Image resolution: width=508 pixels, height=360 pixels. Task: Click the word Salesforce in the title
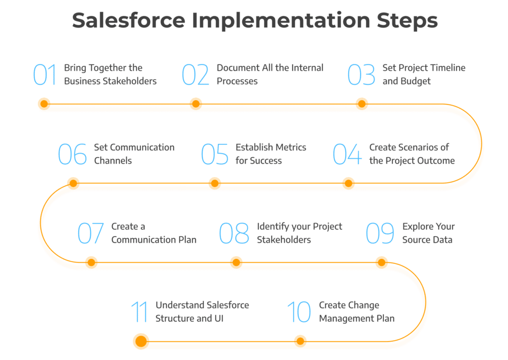(128, 20)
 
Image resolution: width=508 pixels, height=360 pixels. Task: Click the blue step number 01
(45, 74)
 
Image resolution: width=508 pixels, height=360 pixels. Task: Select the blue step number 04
(347, 154)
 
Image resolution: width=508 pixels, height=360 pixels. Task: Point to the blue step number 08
(234, 233)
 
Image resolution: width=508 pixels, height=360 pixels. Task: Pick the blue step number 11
(139, 311)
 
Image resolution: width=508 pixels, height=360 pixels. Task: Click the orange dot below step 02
(195, 104)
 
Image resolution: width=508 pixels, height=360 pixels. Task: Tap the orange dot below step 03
(362, 104)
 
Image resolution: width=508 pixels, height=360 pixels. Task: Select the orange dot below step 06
(73, 183)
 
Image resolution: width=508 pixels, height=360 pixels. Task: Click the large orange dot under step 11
(141, 341)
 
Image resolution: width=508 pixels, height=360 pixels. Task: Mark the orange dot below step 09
(381, 262)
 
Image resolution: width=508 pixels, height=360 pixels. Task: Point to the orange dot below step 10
(300, 341)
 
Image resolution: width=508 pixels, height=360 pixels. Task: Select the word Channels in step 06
(113, 161)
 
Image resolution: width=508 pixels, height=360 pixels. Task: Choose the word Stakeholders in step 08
(284, 240)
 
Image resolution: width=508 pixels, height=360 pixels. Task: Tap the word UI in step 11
(219, 318)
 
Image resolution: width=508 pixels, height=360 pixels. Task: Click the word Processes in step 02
(237, 81)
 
